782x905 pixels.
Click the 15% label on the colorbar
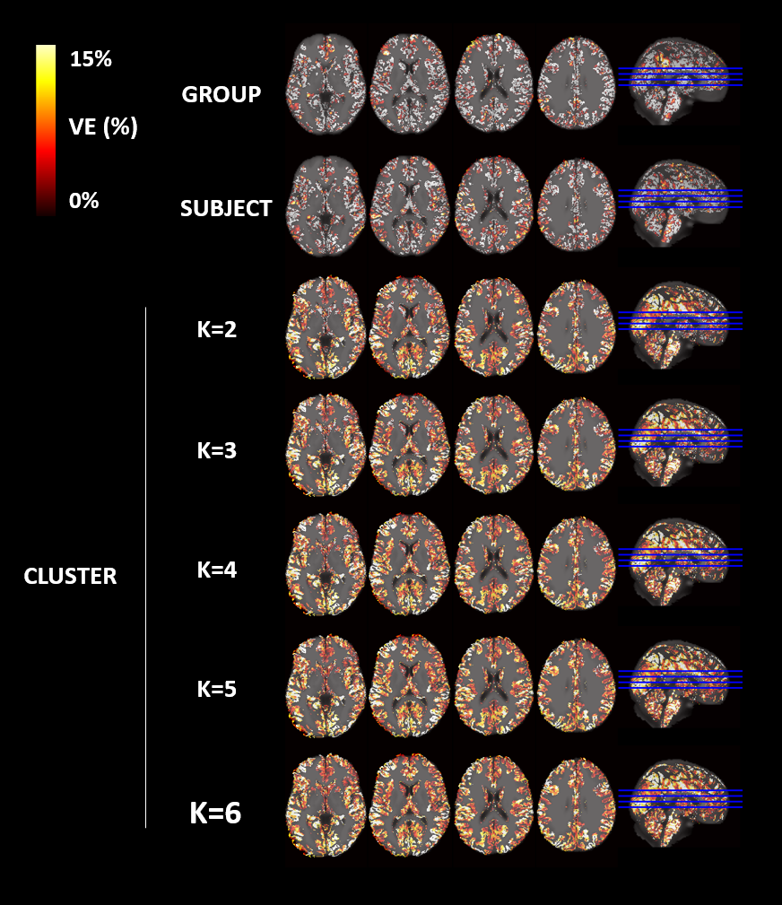(x=90, y=60)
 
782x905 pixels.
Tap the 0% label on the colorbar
(x=83, y=201)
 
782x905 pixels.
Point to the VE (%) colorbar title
(x=103, y=127)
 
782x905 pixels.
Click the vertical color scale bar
(x=46, y=130)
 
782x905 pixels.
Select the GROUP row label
(x=222, y=94)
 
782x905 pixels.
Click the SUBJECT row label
(x=226, y=208)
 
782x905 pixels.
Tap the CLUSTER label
(x=70, y=576)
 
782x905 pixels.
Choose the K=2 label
(x=216, y=330)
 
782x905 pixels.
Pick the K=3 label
(x=216, y=450)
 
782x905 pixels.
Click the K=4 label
(x=216, y=569)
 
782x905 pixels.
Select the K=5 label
(x=216, y=689)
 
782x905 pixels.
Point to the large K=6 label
(x=215, y=813)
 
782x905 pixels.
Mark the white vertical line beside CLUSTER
(x=145, y=567)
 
